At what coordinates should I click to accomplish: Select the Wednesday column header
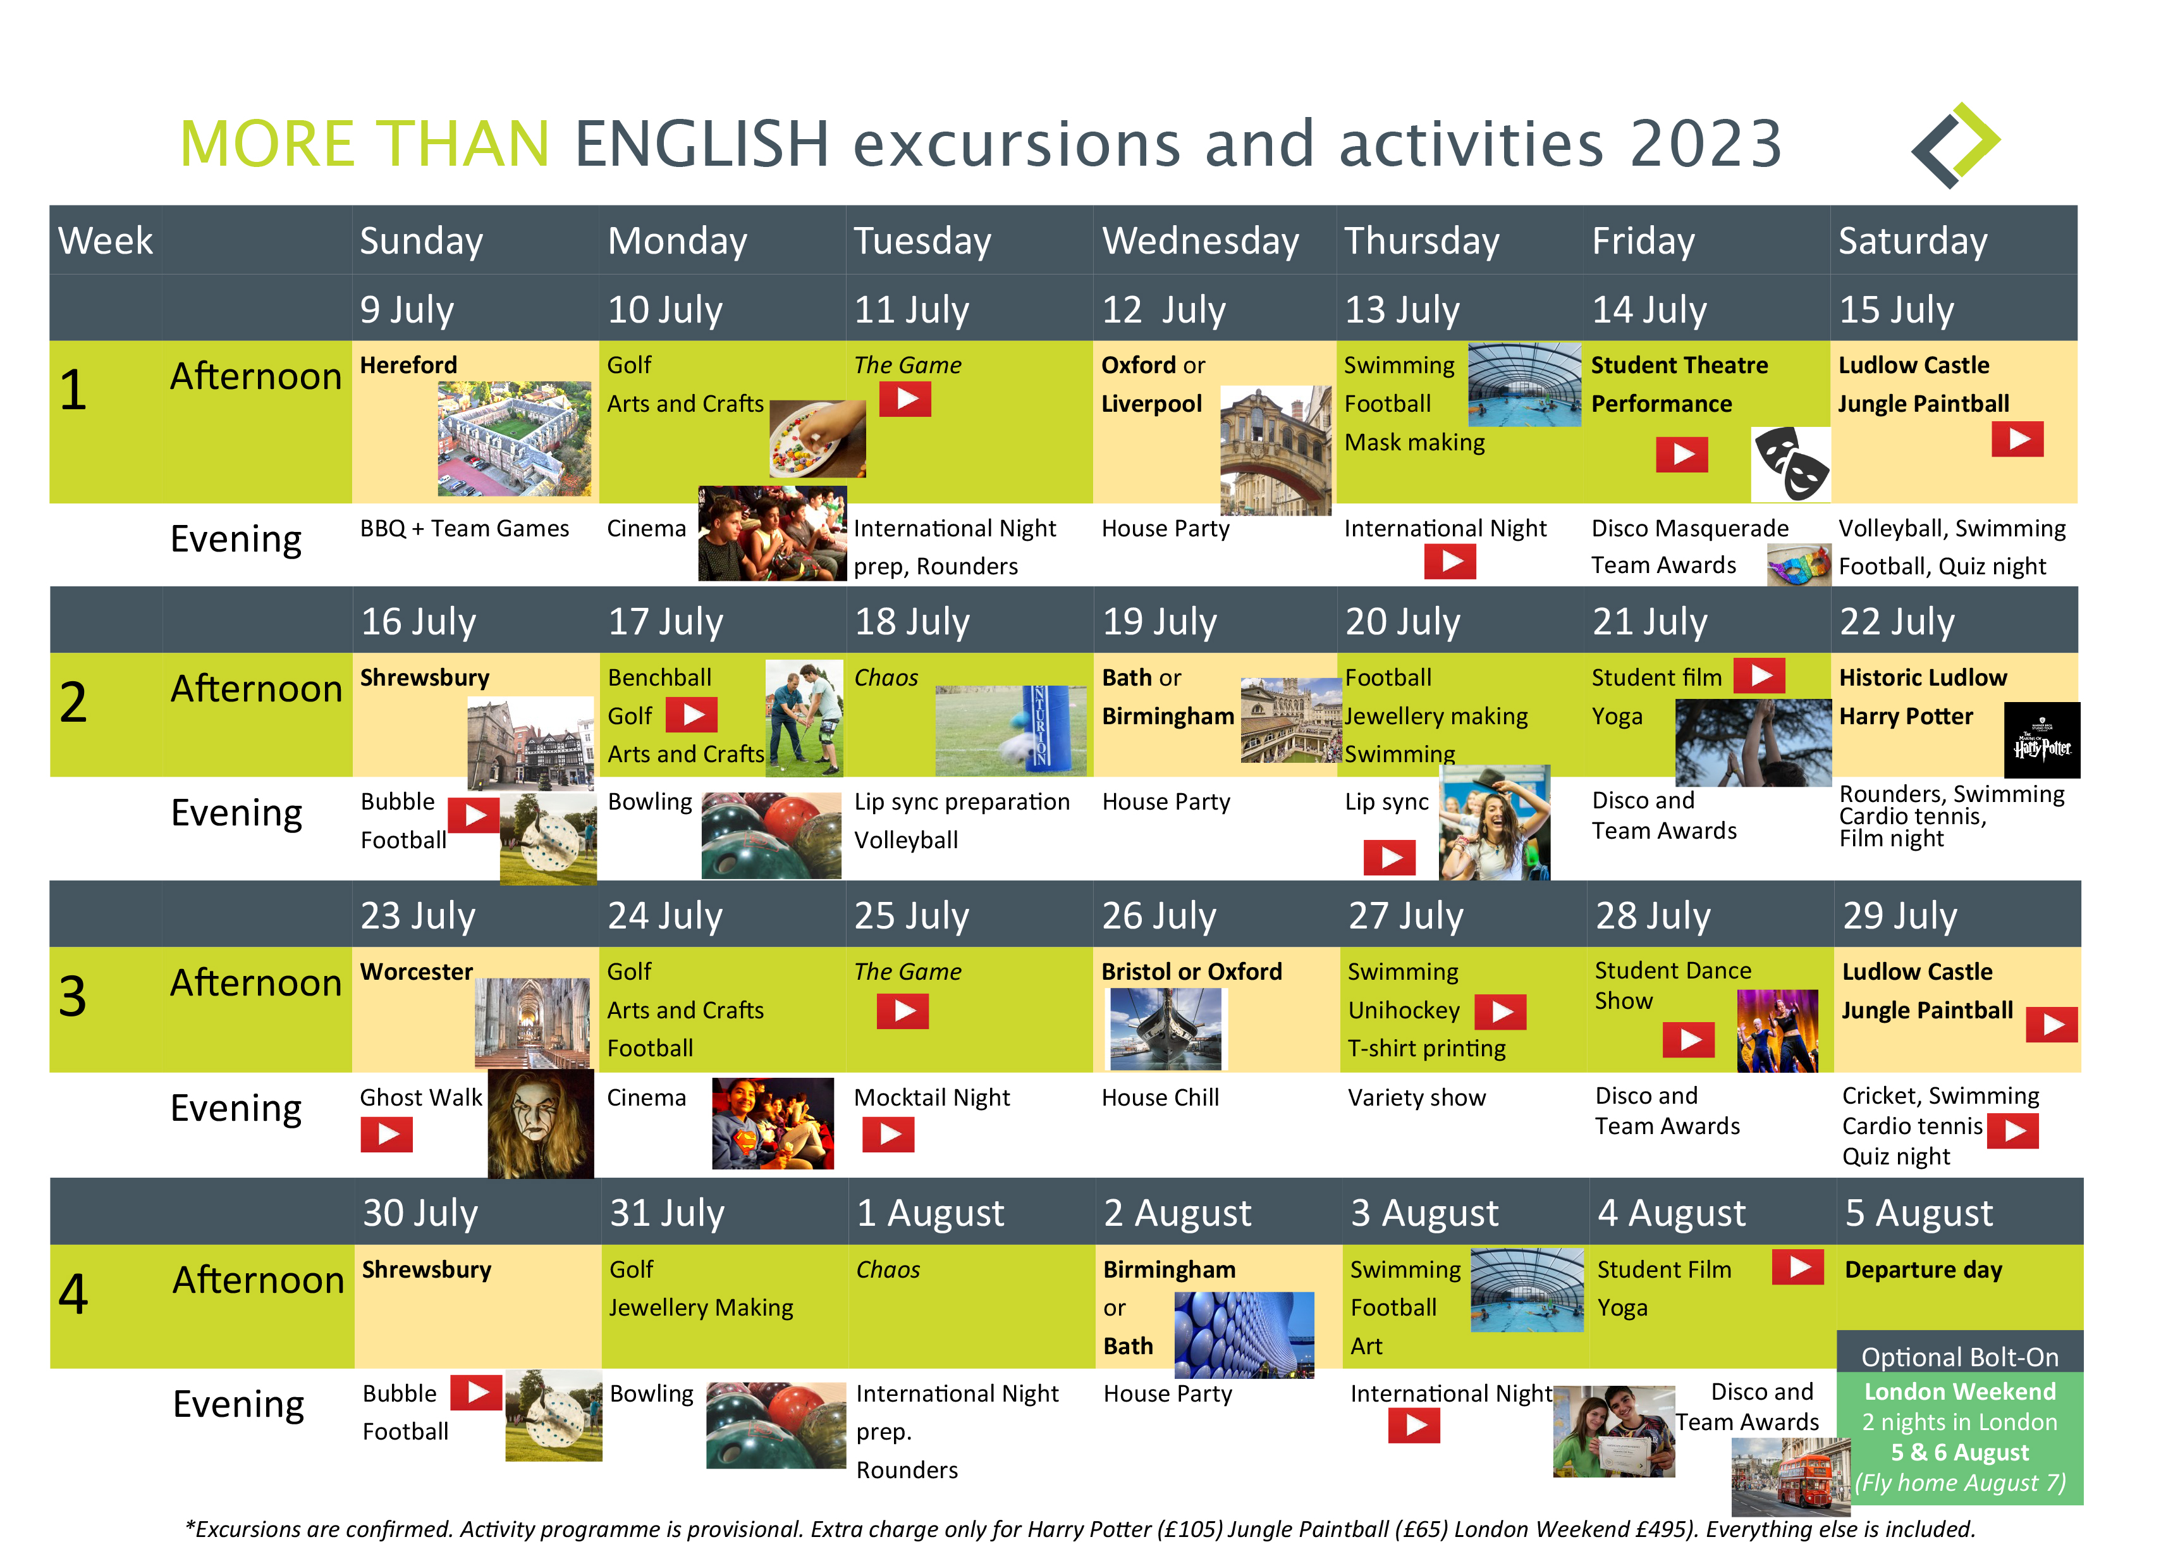[x=1201, y=240]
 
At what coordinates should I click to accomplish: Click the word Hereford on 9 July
[x=408, y=366]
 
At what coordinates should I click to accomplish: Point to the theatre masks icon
[x=1790, y=464]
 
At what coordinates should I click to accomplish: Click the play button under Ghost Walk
[x=386, y=1134]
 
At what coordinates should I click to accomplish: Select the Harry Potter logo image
[x=2041, y=740]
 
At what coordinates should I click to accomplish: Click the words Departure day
[x=1923, y=1269]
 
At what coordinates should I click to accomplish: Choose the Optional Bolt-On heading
[x=1959, y=1356]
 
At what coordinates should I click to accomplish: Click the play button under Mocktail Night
[x=889, y=1134]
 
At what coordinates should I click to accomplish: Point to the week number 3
[x=73, y=996]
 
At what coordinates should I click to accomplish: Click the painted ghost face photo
[x=541, y=1123]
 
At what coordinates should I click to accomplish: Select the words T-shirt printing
[x=1426, y=1048]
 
